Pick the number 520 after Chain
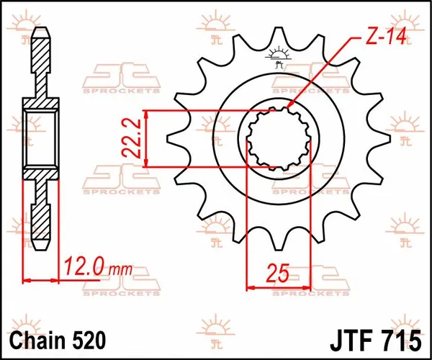(91, 338)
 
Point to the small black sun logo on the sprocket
(278, 53)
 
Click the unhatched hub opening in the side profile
(40, 138)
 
